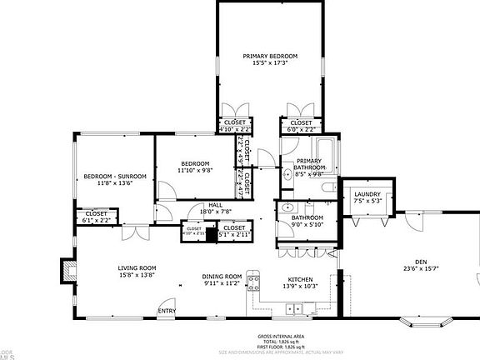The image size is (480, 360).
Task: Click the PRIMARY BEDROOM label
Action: [270, 57]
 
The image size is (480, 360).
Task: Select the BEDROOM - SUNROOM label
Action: [115, 176]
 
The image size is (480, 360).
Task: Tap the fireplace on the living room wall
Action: [67, 269]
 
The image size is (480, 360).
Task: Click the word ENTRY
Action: [167, 312]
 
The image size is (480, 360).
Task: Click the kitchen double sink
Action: [293, 309]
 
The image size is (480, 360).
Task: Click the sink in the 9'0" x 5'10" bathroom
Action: [287, 207]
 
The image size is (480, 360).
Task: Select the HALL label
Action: [215, 204]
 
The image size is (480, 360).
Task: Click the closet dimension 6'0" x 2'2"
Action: [300, 129]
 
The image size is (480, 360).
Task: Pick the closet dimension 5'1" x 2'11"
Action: [234, 235]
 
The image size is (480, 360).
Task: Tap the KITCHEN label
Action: [300, 279]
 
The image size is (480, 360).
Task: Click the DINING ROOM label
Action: [222, 276]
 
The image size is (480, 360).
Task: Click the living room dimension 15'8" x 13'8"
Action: [137, 275]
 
